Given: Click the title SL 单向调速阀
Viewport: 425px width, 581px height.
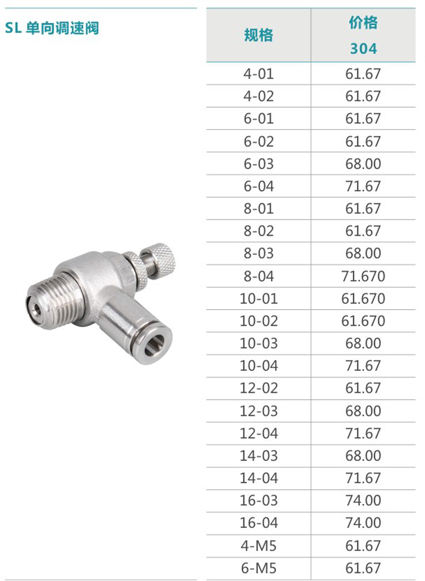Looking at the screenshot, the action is point(52,28).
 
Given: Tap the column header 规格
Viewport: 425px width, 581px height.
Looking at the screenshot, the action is point(258,35).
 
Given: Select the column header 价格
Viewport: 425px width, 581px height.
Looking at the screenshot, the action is point(363,23).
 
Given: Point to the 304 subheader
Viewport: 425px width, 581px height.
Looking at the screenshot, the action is point(363,48).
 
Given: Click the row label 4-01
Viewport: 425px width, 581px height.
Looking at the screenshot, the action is point(259,74).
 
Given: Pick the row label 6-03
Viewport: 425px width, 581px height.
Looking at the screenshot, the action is point(259,164).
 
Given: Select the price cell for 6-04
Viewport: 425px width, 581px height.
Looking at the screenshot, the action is point(363,186).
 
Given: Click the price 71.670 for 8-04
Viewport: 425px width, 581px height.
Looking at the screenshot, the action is point(363,276).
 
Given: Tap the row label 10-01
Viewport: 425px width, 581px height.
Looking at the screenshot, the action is point(259,298).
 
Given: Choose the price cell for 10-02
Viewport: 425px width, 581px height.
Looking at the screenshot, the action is point(363,321).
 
